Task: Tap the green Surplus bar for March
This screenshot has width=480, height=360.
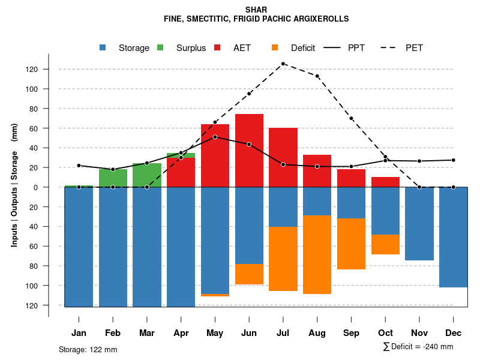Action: coord(147,175)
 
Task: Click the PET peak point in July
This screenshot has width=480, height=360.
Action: coord(283,64)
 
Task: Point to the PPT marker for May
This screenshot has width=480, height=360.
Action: coord(215,137)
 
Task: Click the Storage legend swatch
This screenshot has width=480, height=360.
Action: coord(103,48)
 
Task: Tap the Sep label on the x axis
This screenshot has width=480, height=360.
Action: coord(351,333)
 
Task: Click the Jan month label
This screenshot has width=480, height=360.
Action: coord(79,333)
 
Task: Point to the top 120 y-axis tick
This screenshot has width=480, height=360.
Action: coord(48,69)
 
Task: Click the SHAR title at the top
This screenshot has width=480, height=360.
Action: coord(256,10)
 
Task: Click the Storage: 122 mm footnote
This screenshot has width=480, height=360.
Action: coord(88,349)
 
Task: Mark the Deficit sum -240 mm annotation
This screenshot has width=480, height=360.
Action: coord(418,347)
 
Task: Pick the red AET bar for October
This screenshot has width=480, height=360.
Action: coord(385,182)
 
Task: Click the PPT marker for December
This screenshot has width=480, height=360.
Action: coord(453,160)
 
